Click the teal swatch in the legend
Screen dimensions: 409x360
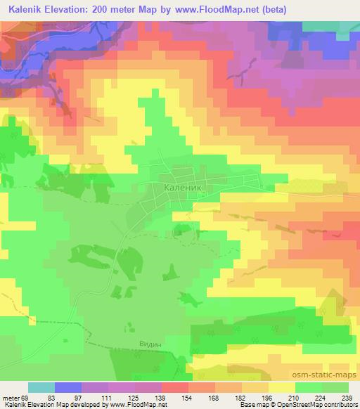click(x=41, y=388)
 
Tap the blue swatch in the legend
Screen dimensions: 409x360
click(x=68, y=388)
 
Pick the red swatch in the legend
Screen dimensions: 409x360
click(x=175, y=388)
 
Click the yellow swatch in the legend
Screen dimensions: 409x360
click(x=282, y=388)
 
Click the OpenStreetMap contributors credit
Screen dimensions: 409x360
click(x=310, y=405)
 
